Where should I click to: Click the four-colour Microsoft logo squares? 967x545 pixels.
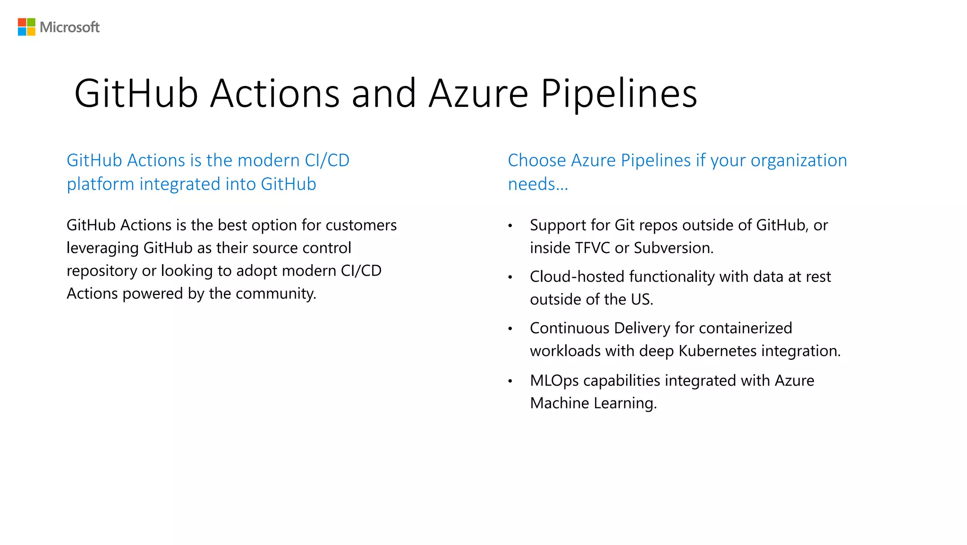[26, 27]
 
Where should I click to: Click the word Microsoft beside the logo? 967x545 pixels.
[69, 27]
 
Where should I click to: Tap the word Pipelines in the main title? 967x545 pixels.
[619, 94]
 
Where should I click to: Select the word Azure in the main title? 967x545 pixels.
[478, 94]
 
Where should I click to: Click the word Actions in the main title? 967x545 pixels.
[274, 94]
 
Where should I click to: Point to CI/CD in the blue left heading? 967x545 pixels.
[327, 161]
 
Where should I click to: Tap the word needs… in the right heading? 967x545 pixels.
[538, 184]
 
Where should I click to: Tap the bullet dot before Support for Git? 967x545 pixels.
[510, 226]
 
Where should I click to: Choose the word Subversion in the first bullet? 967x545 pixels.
[672, 248]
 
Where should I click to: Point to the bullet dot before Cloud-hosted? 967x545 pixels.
[510, 277]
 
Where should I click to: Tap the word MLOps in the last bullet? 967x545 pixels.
[554, 381]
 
